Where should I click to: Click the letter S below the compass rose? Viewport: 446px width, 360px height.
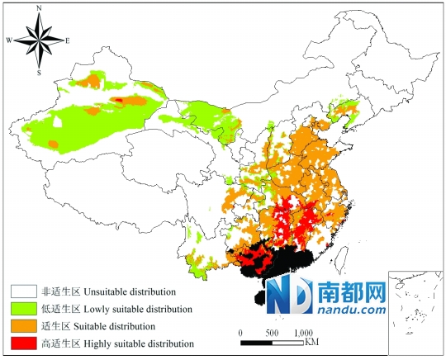(39, 72)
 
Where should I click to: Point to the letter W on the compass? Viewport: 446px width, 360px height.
(9, 40)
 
